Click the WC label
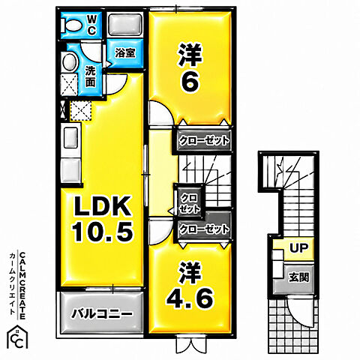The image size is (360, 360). point(91,25)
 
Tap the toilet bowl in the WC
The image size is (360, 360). point(72,25)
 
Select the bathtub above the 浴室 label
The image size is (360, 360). point(125,25)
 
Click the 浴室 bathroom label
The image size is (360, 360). point(125,53)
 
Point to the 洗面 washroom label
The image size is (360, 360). point(91,76)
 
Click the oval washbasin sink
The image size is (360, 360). point(70,62)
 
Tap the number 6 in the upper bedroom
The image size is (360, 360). point(190,83)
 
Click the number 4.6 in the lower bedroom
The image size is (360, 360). point(190,298)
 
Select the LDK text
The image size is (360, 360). point(101,206)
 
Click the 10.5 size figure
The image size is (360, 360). point(103,232)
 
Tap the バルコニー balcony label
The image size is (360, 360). point(102,313)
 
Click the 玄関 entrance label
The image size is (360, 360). point(298,277)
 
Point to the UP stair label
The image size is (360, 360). point(298,248)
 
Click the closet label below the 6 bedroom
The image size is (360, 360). point(204,140)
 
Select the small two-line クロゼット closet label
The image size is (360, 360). point(190,203)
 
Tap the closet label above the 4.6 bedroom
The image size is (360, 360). point(204,229)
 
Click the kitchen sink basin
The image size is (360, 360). point(71,138)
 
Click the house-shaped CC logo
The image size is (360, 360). point(17,337)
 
